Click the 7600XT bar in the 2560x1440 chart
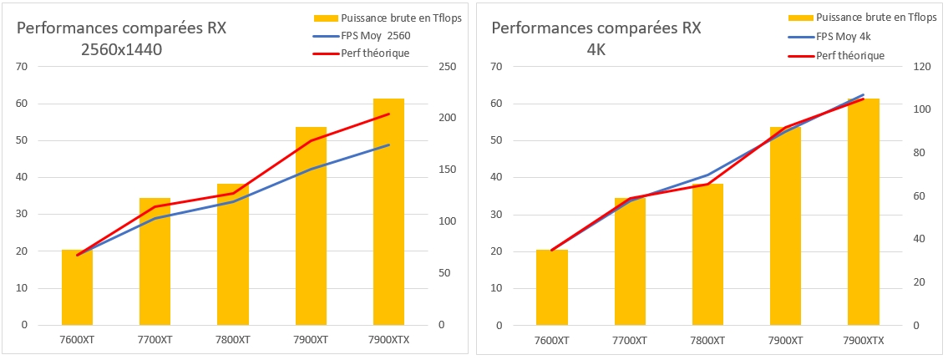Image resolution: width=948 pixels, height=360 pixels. coord(77,287)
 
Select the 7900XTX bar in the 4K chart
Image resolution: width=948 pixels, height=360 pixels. coord(863,212)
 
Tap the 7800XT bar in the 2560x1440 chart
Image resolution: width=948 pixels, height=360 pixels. coord(233,254)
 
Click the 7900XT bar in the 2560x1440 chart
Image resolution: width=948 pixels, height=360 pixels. coord(311,226)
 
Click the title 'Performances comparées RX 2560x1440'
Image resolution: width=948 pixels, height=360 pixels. coord(122,38)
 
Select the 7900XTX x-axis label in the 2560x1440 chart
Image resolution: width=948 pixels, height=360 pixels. coord(389,340)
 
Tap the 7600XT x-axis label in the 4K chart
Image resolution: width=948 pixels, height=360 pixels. coord(551,340)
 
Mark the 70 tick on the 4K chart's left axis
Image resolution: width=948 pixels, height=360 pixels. coord(495,67)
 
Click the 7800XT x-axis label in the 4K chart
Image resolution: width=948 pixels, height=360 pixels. coord(707,340)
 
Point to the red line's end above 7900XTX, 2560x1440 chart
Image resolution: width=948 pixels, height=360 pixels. coord(389,114)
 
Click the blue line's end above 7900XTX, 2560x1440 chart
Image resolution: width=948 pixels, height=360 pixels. coord(389,145)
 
